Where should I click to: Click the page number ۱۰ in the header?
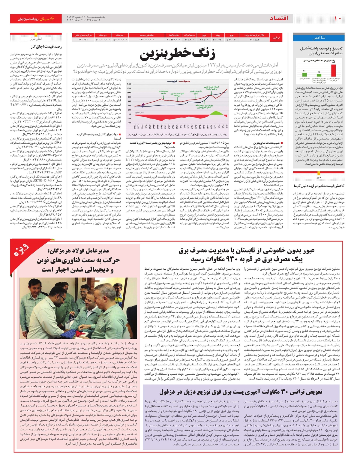337,19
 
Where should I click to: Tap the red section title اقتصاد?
279,18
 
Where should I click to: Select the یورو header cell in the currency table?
232,35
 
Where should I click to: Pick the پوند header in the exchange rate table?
218,35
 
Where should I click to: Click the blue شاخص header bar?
319,38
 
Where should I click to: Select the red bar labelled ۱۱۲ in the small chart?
333,70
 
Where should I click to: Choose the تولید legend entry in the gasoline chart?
172,81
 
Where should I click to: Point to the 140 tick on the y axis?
129,84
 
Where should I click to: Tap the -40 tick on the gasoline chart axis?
129,122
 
